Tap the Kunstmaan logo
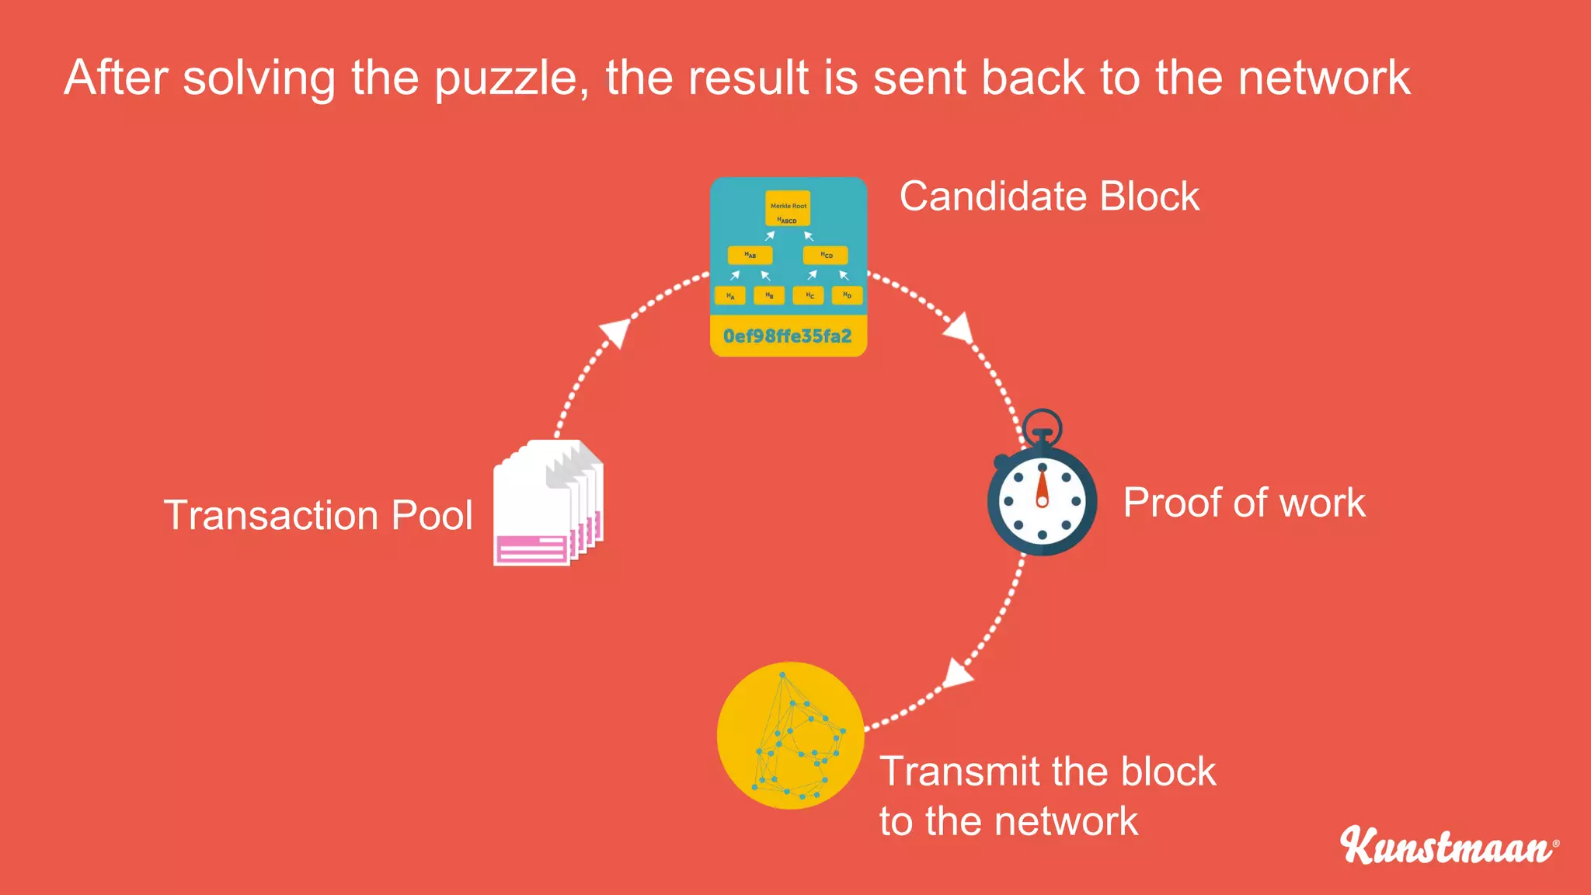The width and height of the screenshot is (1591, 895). pos(1448,846)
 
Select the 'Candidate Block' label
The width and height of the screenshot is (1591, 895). pos(1049,196)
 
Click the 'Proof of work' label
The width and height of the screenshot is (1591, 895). pos(1244,503)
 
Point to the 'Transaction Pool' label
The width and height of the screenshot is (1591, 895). pos(318,515)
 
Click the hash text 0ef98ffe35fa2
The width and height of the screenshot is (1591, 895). pos(788,336)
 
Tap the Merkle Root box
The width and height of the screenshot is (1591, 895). pos(788,208)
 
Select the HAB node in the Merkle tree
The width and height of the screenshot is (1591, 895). pos(750,255)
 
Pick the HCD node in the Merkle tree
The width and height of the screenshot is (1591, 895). pos(826,255)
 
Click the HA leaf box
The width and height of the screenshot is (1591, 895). pos(730,296)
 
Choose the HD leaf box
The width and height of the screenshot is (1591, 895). pos(847,295)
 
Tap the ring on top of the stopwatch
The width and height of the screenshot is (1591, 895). pos(1042,426)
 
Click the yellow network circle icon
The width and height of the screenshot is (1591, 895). pos(790,736)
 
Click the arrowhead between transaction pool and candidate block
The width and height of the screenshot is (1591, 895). pos(616,333)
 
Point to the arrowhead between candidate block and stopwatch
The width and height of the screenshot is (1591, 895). pos(959,328)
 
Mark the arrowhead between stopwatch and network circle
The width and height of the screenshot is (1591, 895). pos(957,673)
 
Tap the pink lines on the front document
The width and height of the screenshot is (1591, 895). pos(532,549)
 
